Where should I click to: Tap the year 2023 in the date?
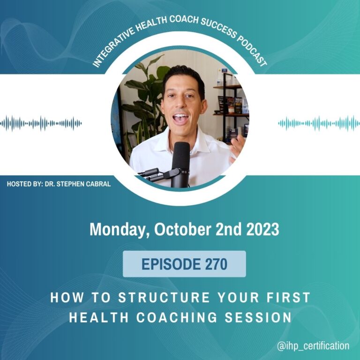(x=262, y=229)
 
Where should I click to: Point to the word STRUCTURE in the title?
(x=164, y=298)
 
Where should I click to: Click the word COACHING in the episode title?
(x=177, y=317)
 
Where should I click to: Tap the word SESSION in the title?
(x=258, y=317)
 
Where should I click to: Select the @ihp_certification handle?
(x=313, y=345)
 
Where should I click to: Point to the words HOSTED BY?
(x=25, y=184)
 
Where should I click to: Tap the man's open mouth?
(x=181, y=118)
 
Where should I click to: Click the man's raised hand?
(x=237, y=148)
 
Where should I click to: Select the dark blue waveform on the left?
(x=41, y=123)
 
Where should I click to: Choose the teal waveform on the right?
(x=319, y=123)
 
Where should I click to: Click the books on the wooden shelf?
(x=232, y=105)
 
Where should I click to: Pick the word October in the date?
(x=182, y=229)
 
